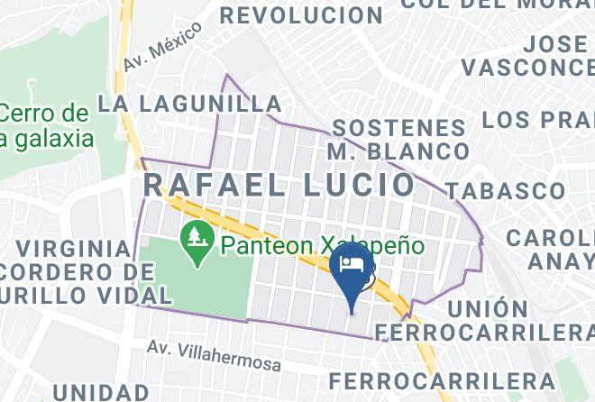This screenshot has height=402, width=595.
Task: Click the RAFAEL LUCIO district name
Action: point(280,186)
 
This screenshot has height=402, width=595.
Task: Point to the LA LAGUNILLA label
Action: point(189,104)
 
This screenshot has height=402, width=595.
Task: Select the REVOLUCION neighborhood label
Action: point(301,14)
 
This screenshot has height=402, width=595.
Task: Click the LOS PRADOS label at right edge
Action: point(539,120)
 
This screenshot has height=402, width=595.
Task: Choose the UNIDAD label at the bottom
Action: point(100,392)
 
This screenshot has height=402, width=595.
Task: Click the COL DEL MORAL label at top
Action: point(497,4)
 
